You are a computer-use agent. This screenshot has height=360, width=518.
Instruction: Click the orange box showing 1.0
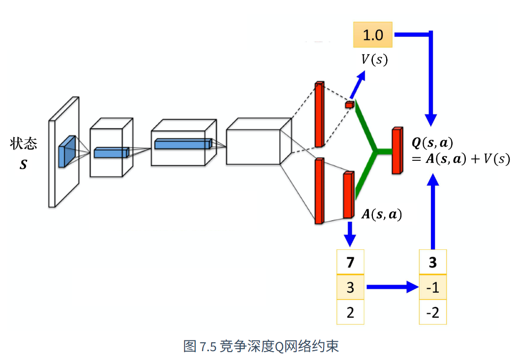pos(373,35)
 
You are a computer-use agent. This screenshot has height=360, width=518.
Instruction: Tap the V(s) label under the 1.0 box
pos(374,60)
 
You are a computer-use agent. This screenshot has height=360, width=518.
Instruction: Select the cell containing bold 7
pos(350,262)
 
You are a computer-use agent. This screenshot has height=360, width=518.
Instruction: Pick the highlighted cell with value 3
pos(350,287)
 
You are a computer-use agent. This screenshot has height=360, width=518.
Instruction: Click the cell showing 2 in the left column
pos(350,312)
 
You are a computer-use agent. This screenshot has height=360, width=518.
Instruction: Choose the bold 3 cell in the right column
pos(433,262)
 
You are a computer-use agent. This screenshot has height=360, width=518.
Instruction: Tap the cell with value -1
pos(433,287)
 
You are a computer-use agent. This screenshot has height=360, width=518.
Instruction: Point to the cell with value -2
pos(433,312)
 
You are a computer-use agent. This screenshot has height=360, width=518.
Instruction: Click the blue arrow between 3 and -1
pos(393,287)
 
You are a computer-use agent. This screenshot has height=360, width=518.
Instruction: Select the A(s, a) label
pos(382,214)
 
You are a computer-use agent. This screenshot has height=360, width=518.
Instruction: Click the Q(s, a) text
pos(432,143)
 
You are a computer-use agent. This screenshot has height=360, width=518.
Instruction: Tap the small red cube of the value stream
pos(350,105)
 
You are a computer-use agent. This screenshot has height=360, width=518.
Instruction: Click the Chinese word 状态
pos(23,144)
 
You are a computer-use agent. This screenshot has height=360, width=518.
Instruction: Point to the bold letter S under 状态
pos(23,164)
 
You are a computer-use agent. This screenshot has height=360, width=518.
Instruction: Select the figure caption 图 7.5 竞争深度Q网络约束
pos(261,346)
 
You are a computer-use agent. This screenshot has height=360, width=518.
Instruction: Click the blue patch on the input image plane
pos(67,151)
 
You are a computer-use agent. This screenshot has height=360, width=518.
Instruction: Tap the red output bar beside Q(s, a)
pos(397,150)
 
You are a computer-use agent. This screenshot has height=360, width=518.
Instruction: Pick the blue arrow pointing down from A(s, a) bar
pos(350,234)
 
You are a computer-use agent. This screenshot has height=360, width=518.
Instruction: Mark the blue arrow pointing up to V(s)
pos(358,85)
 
